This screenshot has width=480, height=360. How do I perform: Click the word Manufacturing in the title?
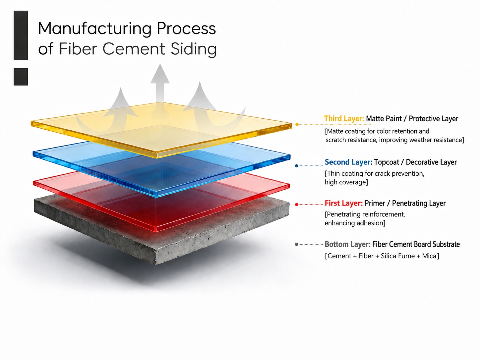[94, 29]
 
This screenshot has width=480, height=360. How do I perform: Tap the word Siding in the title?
[194, 49]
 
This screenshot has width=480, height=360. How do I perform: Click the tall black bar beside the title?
[21, 35]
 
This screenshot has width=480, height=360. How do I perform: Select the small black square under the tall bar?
[21, 77]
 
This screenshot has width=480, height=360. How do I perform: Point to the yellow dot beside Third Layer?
[297, 124]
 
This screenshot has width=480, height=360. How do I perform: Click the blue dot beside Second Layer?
[297, 166]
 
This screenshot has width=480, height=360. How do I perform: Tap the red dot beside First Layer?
[297, 205]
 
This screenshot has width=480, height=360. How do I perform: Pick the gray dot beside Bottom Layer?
[297, 244]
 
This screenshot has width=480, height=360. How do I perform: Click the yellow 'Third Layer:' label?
[344, 119]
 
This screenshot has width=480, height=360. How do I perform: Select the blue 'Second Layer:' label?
[348, 162]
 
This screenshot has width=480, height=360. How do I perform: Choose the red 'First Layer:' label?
[343, 203]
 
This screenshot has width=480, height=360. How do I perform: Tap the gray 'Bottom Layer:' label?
[347, 244]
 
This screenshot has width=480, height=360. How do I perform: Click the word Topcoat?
[387, 162]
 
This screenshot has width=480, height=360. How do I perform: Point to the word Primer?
[375, 203]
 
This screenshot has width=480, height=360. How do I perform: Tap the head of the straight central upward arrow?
[160, 74]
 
